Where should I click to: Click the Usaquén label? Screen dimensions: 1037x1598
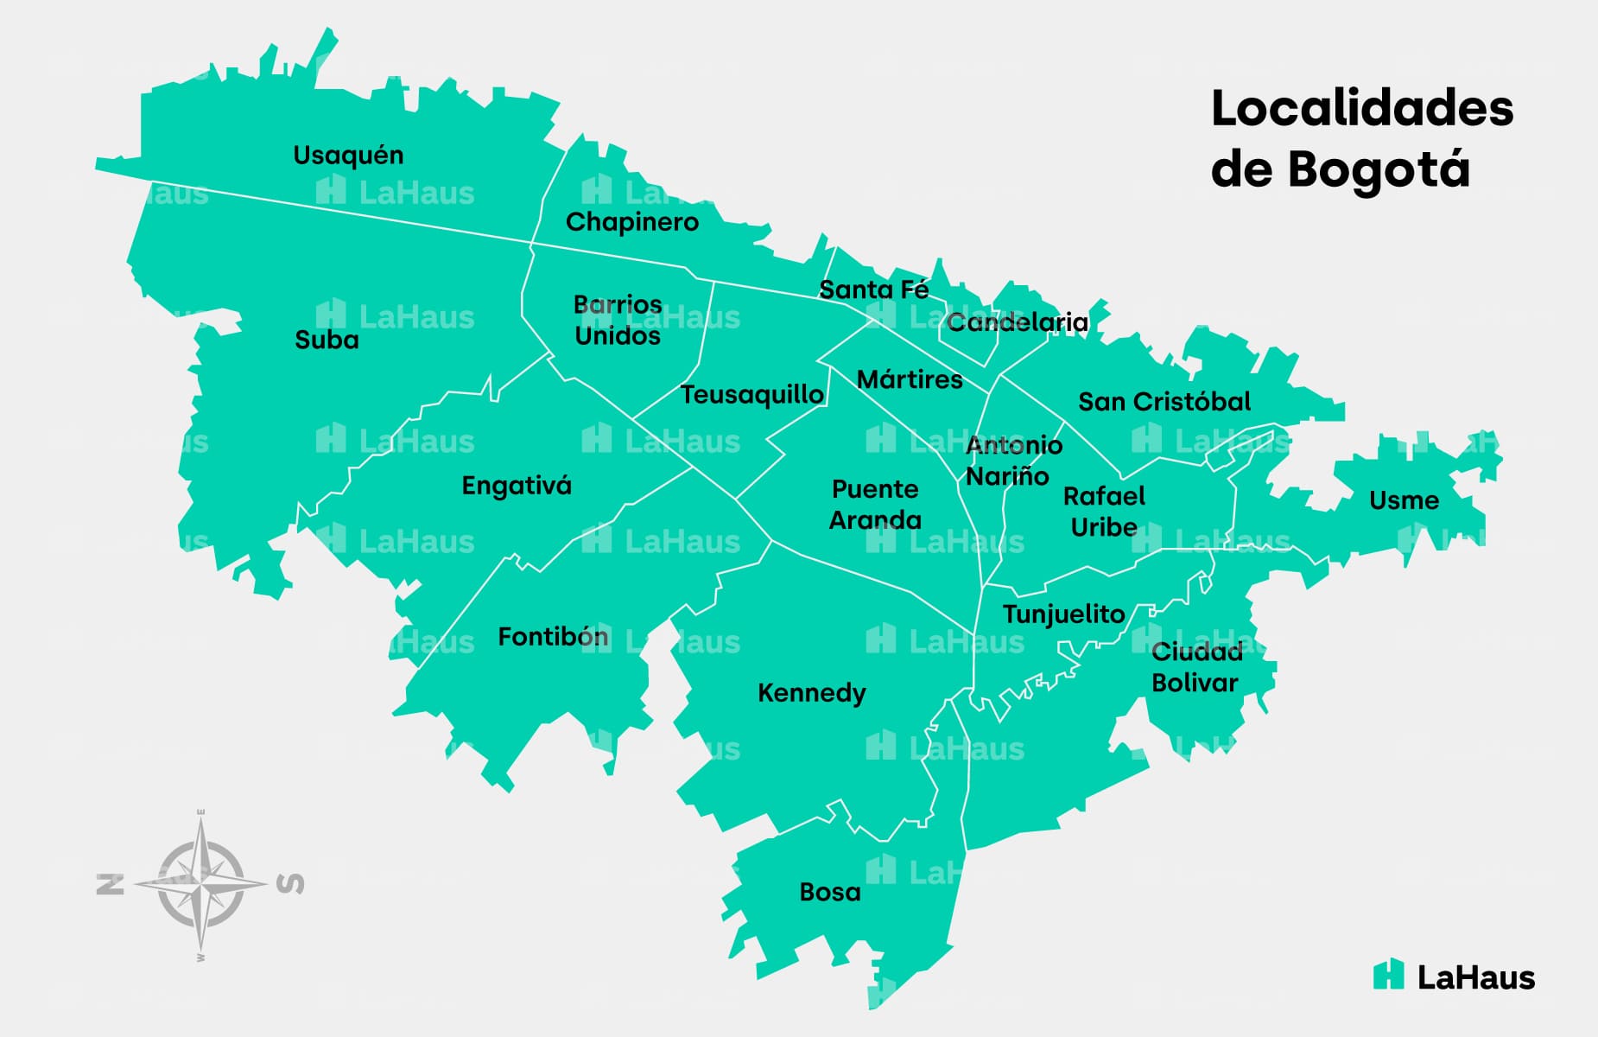point(348,156)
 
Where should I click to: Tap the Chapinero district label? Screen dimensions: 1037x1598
point(631,222)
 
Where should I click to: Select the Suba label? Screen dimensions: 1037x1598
point(327,340)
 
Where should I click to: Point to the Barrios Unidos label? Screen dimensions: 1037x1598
point(618,320)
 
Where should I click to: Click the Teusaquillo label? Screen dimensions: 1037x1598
point(751,395)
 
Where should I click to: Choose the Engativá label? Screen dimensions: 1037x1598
point(517,486)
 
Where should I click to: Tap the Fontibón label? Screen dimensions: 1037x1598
point(553,637)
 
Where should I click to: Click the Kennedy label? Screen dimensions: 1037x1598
point(811,693)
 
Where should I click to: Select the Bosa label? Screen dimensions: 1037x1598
point(829,892)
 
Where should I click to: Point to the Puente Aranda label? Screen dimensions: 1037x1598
point(875,505)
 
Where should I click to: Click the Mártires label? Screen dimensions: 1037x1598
point(910,379)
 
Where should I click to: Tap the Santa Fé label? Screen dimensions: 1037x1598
point(873,289)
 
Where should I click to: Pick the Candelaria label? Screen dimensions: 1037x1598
point(1017,322)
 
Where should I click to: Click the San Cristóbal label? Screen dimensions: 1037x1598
point(1164,402)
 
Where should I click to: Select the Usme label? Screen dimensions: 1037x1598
point(1404,500)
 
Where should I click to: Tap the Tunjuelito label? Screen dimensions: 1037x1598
point(1063,614)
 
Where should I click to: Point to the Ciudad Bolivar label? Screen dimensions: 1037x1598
point(1196,667)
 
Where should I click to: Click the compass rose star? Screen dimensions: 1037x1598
point(201,883)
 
